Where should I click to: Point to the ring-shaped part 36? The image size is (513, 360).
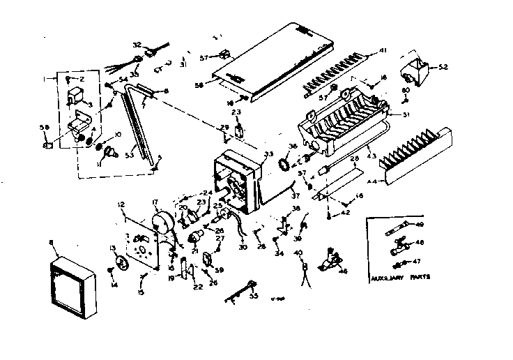pyautogui.click(x=284, y=167)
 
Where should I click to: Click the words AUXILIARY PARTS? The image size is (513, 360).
pyautogui.click(x=401, y=276)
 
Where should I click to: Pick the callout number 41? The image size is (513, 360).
pyautogui.click(x=383, y=51)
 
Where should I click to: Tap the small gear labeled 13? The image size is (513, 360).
pyautogui.click(x=120, y=263)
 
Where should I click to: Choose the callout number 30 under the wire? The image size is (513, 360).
pyautogui.click(x=243, y=246)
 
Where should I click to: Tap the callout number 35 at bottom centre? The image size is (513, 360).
pyautogui.click(x=253, y=296)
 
